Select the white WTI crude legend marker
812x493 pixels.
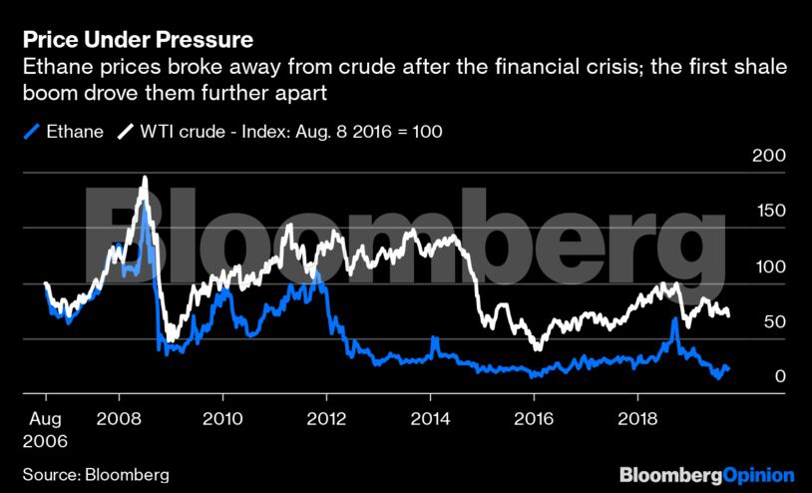click(x=126, y=131)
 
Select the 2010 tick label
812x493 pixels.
click(x=221, y=418)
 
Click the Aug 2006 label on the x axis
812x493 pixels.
click(x=46, y=428)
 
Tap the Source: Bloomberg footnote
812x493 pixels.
click(x=96, y=473)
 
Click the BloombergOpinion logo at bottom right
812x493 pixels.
click(x=706, y=474)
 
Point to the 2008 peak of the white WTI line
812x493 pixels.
click(x=145, y=179)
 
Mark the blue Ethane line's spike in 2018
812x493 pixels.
click(x=675, y=320)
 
